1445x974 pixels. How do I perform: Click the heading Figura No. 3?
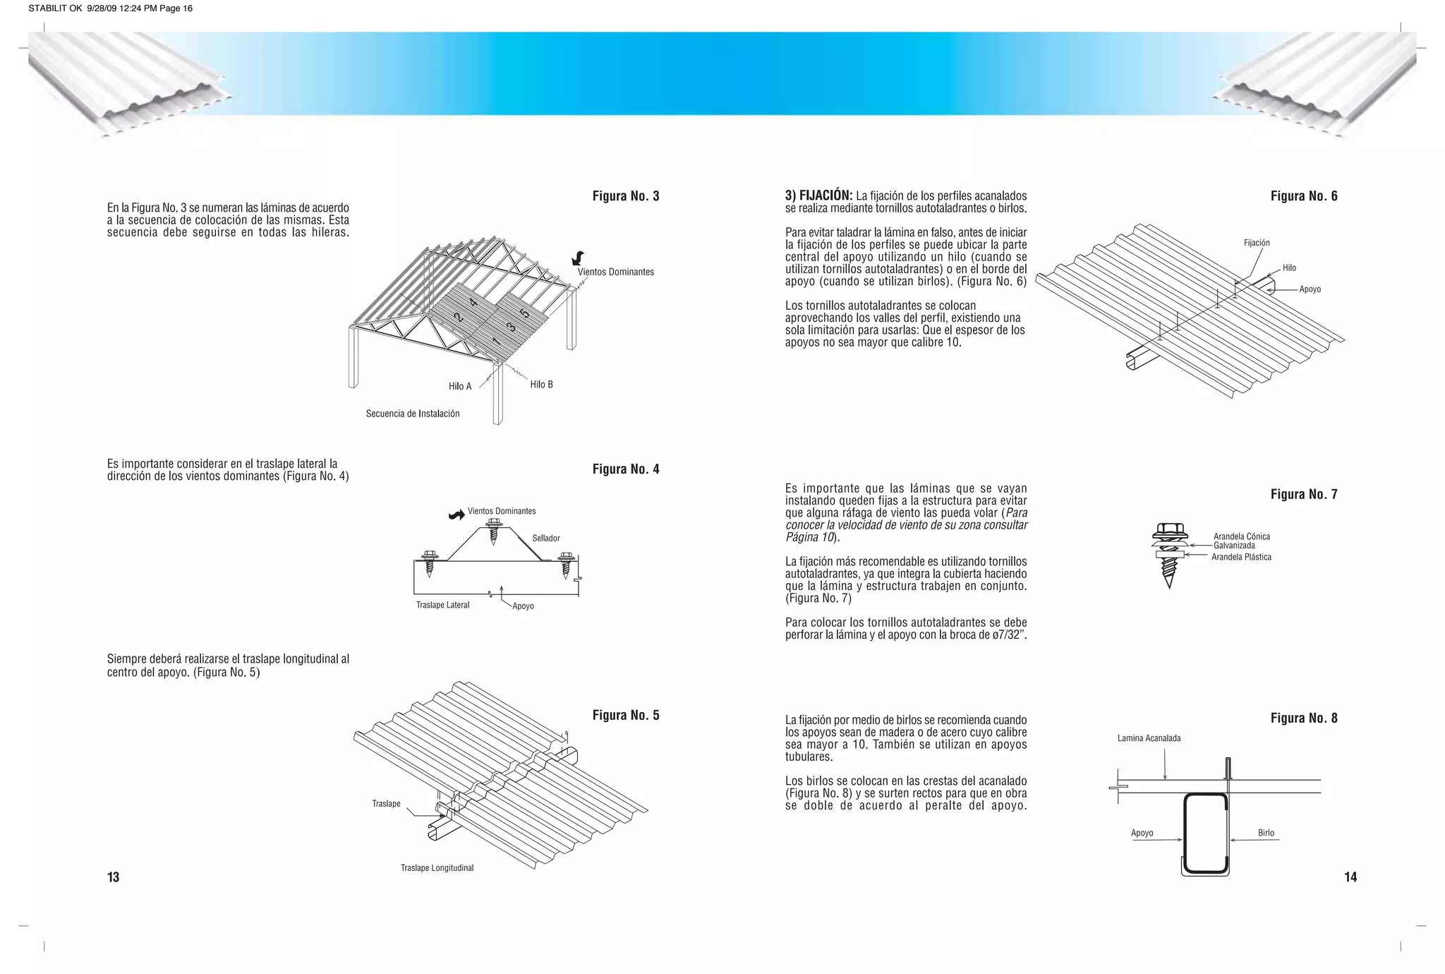tap(626, 196)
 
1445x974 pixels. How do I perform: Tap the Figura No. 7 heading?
tap(1304, 494)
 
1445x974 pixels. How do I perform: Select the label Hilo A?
tap(460, 386)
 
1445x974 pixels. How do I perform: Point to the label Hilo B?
tap(541, 385)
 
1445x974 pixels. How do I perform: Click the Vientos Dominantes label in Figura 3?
tap(615, 272)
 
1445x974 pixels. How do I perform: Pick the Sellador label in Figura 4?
tap(546, 539)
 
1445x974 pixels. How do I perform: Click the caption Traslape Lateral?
tap(442, 605)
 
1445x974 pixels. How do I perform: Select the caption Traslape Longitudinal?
tap(437, 868)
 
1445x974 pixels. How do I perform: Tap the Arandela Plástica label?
tap(1241, 557)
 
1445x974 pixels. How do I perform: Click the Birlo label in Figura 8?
tap(1266, 833)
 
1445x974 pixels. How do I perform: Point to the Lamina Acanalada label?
tap(1149, 738)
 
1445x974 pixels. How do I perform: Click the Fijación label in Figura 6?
tap(1257, 243)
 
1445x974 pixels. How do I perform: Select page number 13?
tap(113, 877)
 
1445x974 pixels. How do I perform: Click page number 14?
tap(1350, 877)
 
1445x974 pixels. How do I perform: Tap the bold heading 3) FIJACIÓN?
tap(818, 196)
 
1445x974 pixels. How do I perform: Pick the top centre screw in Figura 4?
tap(494, 532)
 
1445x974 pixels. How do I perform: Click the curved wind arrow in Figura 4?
tap(457, 515)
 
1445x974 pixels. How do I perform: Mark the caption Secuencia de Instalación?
tap(412, 414)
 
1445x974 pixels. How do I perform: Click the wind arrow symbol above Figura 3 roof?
tap(579, 258)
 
